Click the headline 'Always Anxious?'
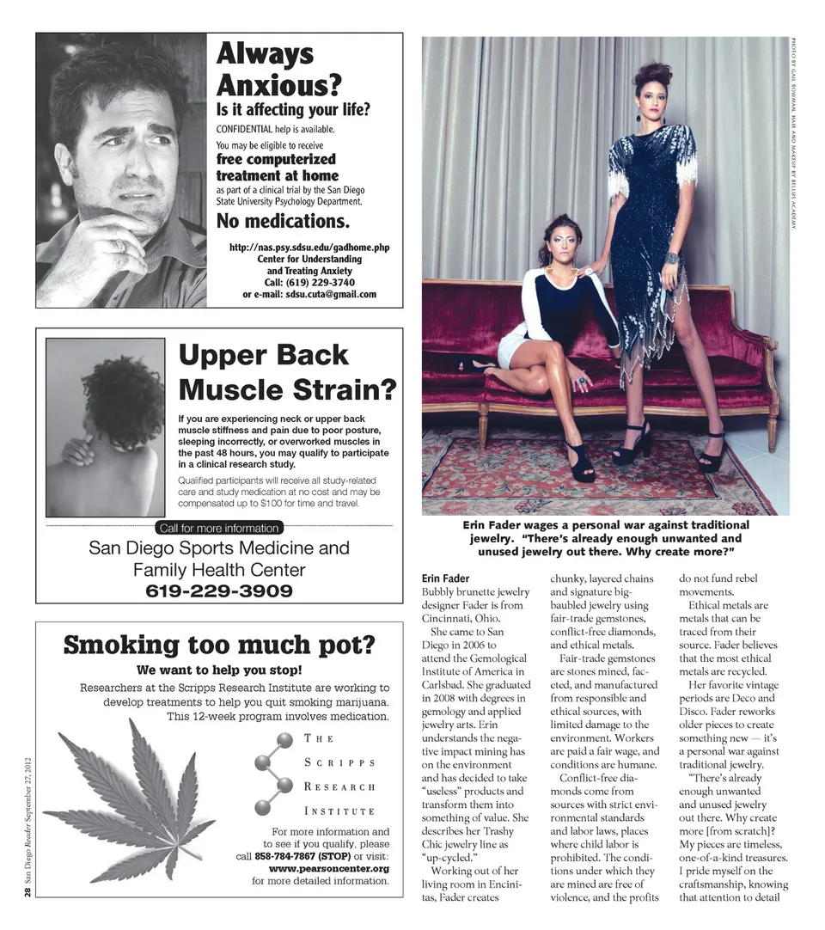click(x=278, y=69)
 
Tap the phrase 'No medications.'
click(x=283, y=222)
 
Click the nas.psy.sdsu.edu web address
click(x=309, y=248)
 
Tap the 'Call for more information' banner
click(x=219, y=528)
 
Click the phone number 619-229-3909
click(x=219, y=591)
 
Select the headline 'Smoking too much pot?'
click(x=219, y=645)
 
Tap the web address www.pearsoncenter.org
click(x=329, y=868)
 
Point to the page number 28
click(x=28, y=894)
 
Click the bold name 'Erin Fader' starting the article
click(x=445, y=578)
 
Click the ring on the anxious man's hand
click(x=121, y=248)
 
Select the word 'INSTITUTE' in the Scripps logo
click(x=339, y=811)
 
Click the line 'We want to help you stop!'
click(x=219, y=670)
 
